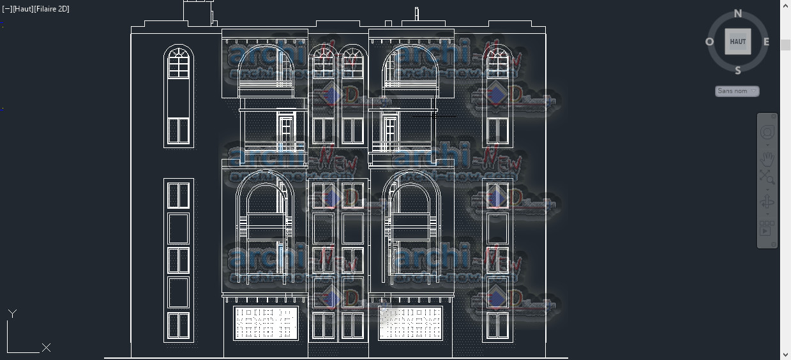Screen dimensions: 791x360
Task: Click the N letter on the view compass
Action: (x=738, y=13)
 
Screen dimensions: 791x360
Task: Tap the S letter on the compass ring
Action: (x=738, y=70)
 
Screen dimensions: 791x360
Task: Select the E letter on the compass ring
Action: (x=766, y=42)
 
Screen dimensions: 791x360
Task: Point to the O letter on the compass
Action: (x=709, y=42)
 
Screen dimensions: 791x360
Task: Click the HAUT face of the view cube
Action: (x=738, y=42)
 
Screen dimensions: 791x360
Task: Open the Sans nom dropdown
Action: (x=737, y=91)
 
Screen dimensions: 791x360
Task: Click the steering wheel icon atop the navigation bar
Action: (x=767, y=132)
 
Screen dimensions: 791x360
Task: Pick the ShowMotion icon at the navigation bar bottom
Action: (x=767, y=228)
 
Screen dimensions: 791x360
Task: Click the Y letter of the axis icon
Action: (x=12, y=313)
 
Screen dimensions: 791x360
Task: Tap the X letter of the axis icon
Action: (x=46, y=348)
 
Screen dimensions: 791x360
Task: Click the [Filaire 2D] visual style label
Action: (x=52, y=9)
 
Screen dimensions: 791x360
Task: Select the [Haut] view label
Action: (x=23, y=9)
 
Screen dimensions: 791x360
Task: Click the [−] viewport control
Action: (x=7, y=9)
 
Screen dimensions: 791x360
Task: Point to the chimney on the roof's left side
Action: (x=198, y=12)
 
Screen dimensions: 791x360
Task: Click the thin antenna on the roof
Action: (x=417, y=14)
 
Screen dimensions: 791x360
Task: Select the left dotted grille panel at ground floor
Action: (x=266, y=322)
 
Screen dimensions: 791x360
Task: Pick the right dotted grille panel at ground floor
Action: (x=410, y=322)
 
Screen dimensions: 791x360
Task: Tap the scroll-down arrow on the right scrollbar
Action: (x=785, y=354)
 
